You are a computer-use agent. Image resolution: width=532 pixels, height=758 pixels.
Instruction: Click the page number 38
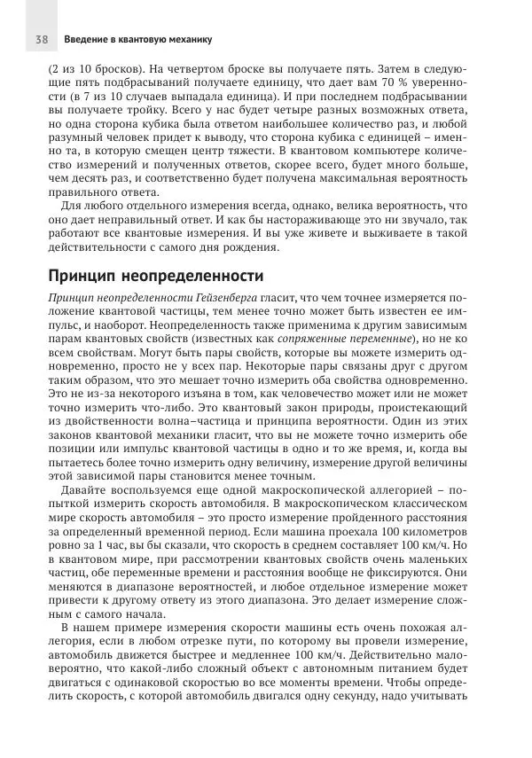point(41,40)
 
